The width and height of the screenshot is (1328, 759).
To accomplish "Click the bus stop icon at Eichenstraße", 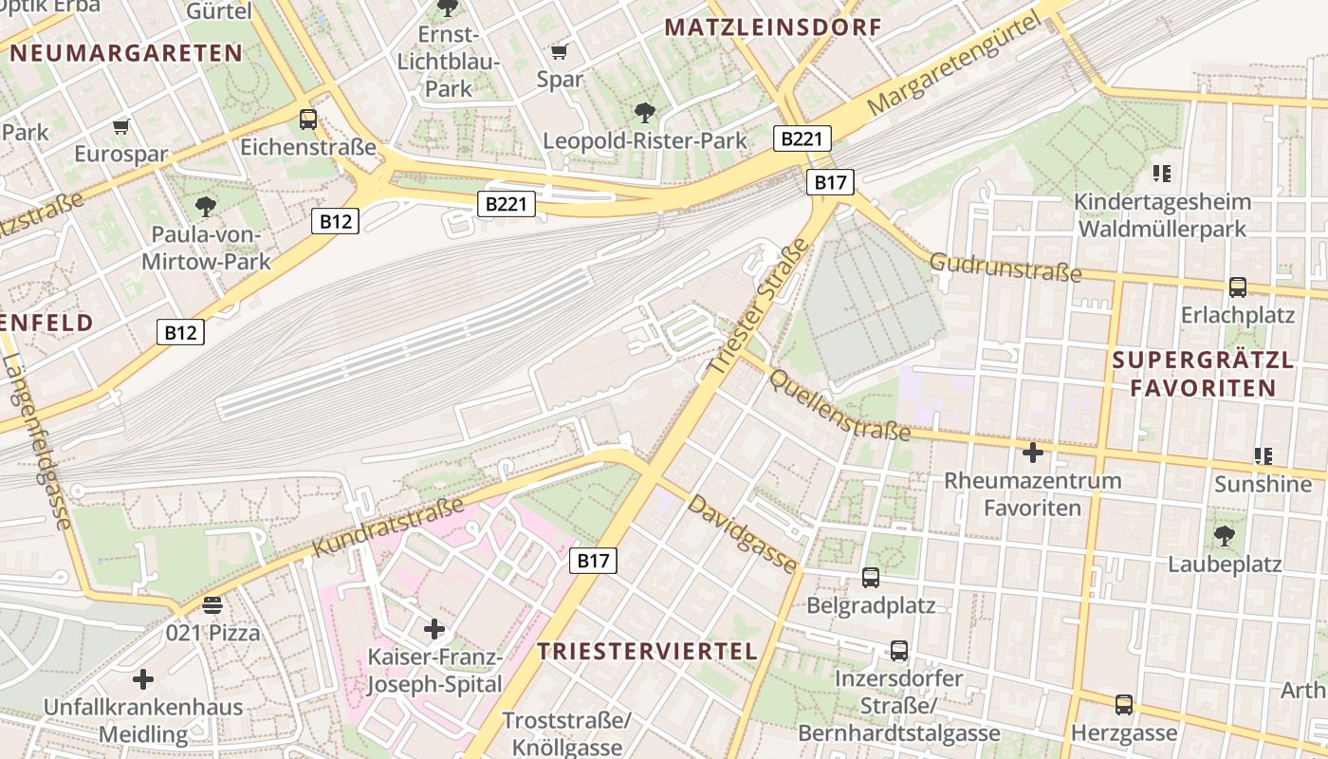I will coord(308,120).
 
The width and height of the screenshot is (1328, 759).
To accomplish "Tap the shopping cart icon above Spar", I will coord(560,51).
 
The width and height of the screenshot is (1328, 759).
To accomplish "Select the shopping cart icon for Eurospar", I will coord(120,126).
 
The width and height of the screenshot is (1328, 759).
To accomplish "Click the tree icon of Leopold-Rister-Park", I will coord(645,113).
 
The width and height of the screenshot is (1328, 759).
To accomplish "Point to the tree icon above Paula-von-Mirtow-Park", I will coord(205,206).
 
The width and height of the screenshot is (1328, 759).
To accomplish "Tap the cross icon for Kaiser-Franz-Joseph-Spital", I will coord(434,628).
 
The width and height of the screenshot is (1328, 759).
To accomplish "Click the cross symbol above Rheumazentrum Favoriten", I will coord(1032,453).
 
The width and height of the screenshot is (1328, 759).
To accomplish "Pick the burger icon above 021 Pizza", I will coord(212,604).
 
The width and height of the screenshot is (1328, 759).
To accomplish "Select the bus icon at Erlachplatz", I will coord(1237,287).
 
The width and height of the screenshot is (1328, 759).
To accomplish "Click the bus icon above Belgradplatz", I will coord(870,577).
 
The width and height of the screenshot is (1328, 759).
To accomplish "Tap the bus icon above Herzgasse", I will coord(1124,705).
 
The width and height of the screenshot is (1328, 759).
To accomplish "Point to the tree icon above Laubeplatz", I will coord(1225,536).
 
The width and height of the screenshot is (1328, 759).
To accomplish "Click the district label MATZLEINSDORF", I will coord(773,27).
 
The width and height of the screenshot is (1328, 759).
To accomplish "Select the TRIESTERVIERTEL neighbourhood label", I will coord(647,651).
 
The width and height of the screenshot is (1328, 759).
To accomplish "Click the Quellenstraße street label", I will coord(839,405).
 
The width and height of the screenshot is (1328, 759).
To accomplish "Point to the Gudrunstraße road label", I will coord(1005,268).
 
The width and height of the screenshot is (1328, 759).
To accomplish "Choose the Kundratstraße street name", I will coord(389,527).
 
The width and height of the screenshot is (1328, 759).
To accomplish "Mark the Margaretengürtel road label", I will coord(949,66).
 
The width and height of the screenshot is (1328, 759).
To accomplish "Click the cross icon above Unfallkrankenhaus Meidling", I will coord(143,679).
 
